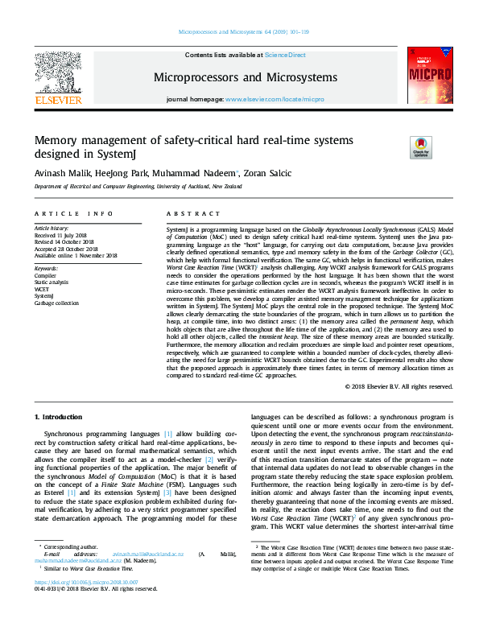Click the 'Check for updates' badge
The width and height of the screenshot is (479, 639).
click(x=420, y=147)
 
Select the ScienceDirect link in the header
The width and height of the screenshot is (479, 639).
click(x=286, y=55)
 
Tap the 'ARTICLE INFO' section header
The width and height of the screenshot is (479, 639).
click(x=73, y=213)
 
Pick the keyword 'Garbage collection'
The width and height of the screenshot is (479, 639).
click(x=56, y=281)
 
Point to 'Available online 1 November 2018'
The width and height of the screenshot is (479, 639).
click(x=75, y=255)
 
